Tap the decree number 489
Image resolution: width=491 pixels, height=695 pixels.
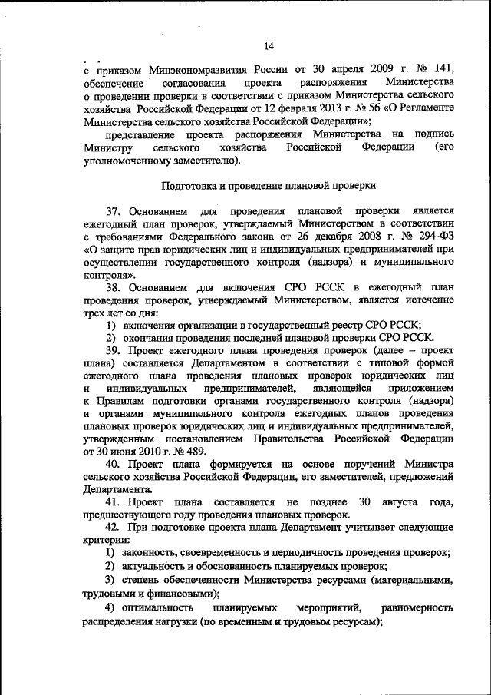(x=194, y=452)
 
